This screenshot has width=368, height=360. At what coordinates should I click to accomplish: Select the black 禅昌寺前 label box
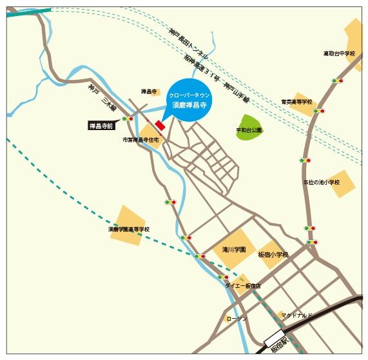tap(101, 126)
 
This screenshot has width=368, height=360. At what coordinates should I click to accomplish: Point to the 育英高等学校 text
tap(296, 102)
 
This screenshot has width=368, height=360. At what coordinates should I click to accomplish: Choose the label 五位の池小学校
tap(321, 182)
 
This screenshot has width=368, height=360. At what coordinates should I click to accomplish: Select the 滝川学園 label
tap(233, 249)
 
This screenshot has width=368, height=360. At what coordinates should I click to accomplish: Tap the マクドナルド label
tap(296, 315)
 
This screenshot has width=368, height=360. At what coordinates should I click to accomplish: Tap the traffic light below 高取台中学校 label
tap(338, 81)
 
